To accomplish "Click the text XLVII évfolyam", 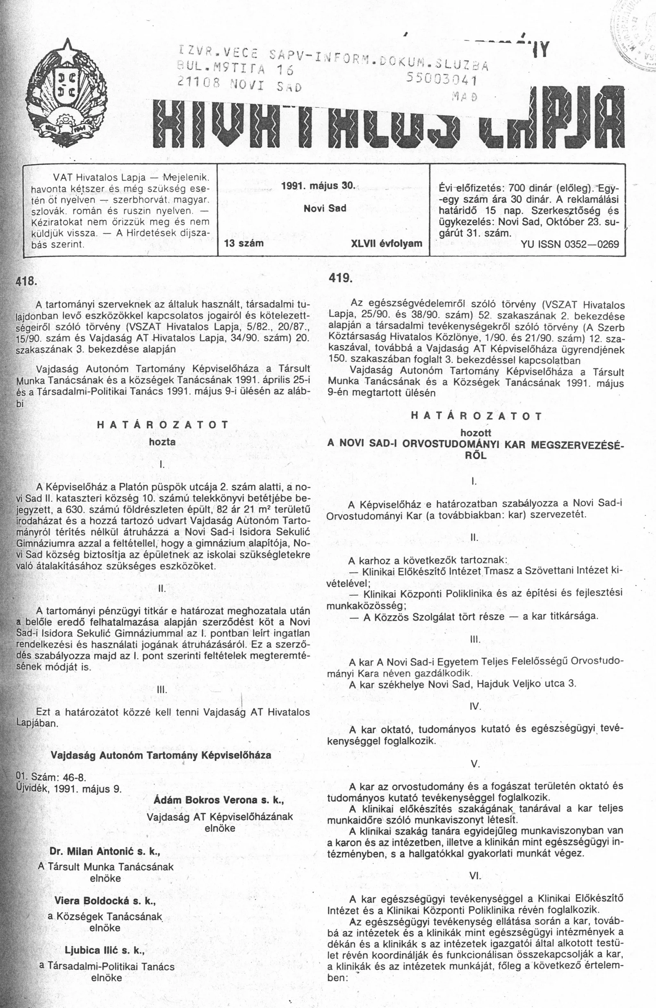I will point(387,243).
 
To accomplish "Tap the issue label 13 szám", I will point(245,243).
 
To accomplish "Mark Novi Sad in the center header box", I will point(325,208).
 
